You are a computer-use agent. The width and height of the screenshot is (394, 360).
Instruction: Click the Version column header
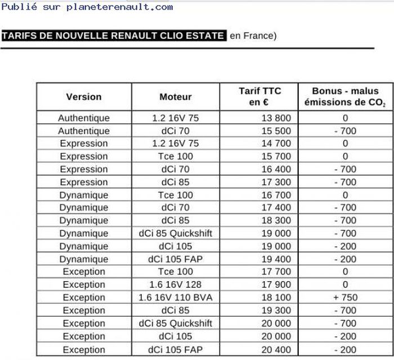84,96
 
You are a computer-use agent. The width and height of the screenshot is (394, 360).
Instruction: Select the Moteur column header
176,96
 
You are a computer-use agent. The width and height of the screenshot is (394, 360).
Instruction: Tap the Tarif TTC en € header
259,96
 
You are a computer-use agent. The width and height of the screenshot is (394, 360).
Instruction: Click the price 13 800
276,118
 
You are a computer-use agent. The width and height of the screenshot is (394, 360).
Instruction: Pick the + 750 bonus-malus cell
345,297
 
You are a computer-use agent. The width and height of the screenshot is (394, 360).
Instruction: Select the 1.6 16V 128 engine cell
176,285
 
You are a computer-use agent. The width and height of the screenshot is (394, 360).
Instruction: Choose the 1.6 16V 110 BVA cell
176,297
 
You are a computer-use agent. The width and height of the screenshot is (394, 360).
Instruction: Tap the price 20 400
276,349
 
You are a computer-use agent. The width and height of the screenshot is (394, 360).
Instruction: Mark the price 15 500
276,131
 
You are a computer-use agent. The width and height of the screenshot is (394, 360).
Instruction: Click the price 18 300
276,220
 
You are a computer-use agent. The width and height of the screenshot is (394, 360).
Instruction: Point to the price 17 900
276,285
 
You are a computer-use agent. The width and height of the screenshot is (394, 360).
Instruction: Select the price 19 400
276,259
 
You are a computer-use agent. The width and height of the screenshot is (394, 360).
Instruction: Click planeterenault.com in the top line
119,7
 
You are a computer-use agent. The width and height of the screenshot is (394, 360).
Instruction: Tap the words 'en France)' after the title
253,36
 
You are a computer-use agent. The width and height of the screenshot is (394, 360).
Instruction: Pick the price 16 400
276,169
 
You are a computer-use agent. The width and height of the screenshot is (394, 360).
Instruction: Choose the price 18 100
276,297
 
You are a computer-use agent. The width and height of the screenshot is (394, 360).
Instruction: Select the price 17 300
276,182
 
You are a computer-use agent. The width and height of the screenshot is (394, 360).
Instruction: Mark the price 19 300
276,310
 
